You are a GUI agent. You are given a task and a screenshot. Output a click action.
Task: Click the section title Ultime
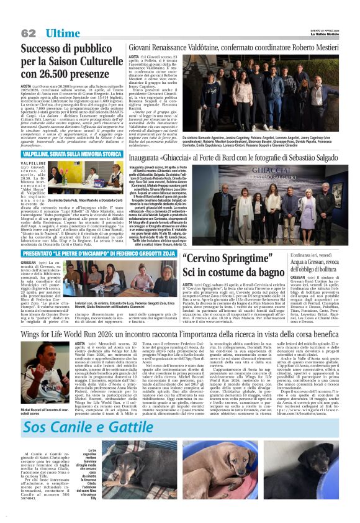(x=62, y=33)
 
